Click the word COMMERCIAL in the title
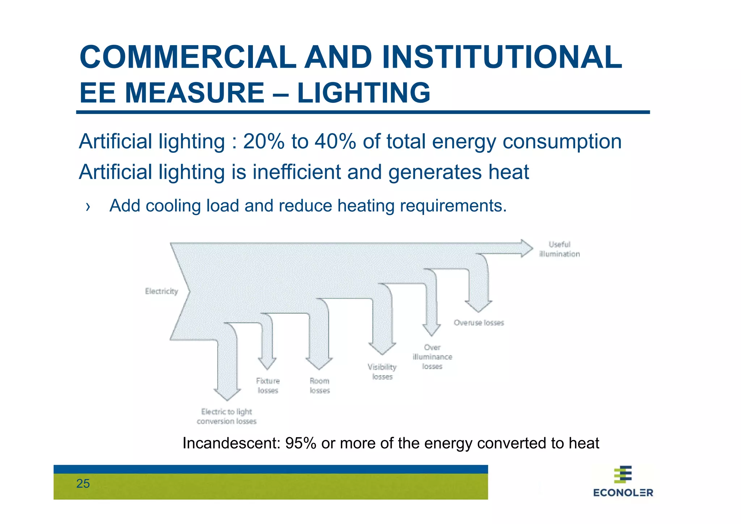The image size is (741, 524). (187, 57)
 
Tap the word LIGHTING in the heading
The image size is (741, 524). (364, 93)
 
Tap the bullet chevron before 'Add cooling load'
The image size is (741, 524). (88, 206)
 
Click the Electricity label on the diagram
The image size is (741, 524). (161, 291)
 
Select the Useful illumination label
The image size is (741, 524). (559, 249)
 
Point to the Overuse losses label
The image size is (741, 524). (479, 322)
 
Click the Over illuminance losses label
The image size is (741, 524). (432, 357)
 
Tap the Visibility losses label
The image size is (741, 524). (382, 372)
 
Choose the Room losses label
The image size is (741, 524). (319, 385)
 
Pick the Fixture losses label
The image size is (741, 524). (268, 385)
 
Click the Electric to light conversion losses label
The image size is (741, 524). (227, 416)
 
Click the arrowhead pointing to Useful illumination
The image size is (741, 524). (526, 248)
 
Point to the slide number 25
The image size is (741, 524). (83, 483)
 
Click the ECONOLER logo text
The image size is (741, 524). (623, 493)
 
